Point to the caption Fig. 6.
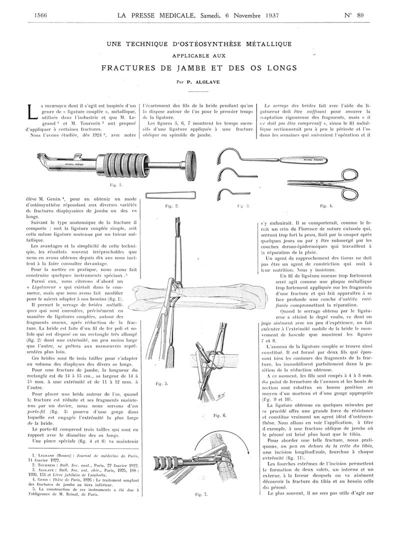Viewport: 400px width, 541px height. click(x=219, y=415)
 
